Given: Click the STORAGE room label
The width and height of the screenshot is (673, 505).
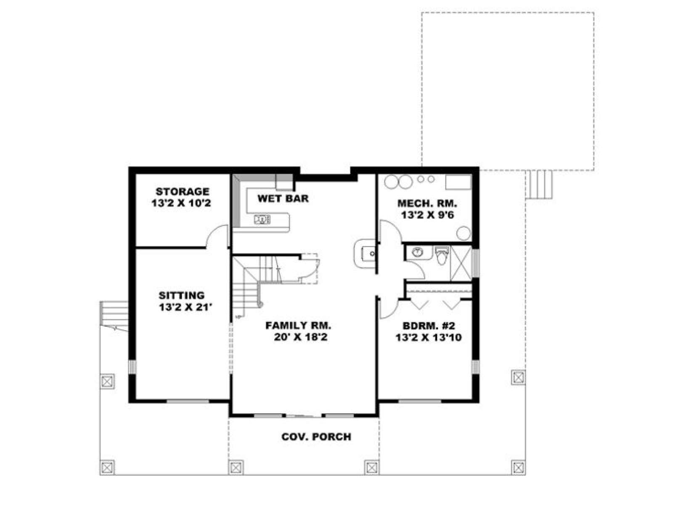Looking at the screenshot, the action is coord(183,191).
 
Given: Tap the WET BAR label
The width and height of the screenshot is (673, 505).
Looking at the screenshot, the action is coord(283,198).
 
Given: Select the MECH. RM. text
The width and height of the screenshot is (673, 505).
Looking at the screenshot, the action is coord(427,203).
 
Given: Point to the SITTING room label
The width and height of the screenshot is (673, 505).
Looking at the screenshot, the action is coord(182,295).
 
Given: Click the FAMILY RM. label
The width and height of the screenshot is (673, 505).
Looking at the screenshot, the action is coord(298,325).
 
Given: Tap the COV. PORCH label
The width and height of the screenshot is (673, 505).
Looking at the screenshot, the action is coord(316,437).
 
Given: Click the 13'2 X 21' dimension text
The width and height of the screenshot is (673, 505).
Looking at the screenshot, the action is coord(185,307).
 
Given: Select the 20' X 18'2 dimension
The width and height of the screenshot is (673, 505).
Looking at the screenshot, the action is coord(300,337).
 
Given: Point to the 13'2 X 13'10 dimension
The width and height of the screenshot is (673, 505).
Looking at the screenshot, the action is coord(429,338).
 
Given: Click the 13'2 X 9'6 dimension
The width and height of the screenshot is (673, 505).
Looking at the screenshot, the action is coord(427,215).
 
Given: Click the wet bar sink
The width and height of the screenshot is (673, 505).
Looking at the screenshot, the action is coord(262,220).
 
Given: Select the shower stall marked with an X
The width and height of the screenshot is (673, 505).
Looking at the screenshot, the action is coord(461,263).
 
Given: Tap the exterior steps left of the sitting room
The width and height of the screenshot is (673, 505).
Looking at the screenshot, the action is coord(114,316).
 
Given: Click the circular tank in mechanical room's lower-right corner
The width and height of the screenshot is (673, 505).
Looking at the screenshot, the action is coord(463,233).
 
